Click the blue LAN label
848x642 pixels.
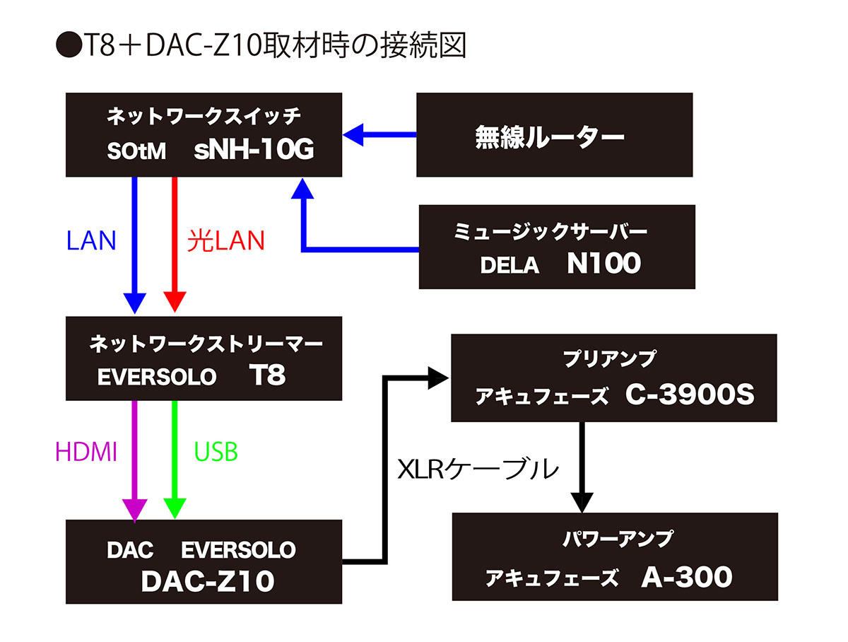(90, 241)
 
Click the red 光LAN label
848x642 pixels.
(226, 241)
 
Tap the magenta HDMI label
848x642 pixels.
(86, 452)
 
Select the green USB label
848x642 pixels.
(216, 452)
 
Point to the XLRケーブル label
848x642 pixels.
(478, 469)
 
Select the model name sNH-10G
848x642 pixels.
(254, 151)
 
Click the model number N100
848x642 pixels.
(603, 264)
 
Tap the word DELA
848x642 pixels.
(510, 266)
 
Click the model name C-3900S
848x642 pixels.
(690, 396)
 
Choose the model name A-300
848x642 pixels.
(687, 578)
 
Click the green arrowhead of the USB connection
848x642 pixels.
(174, 508)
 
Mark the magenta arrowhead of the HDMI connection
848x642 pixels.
(134, 508)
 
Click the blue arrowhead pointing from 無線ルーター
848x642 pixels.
(353, 134)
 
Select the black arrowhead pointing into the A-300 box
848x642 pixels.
(581, 503)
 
